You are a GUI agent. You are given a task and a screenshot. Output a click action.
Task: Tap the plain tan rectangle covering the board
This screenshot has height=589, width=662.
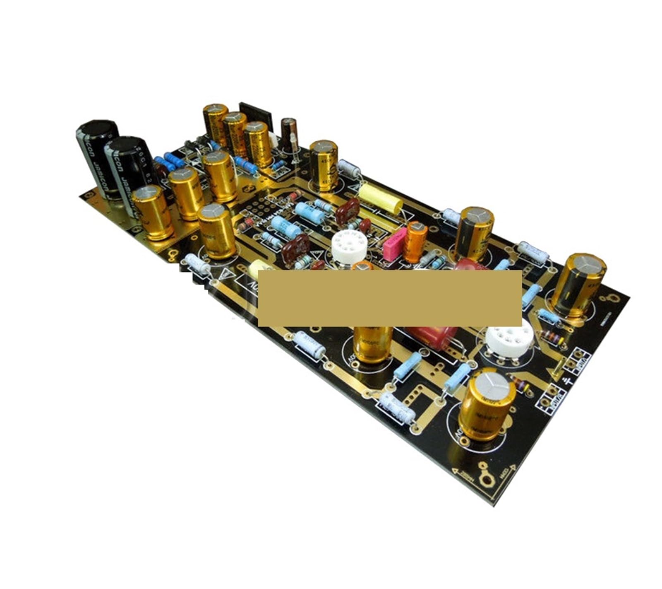[x=389, y=297]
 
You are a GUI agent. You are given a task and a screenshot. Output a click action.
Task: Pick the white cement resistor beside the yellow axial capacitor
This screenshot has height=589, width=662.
[x=350, y=169]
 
